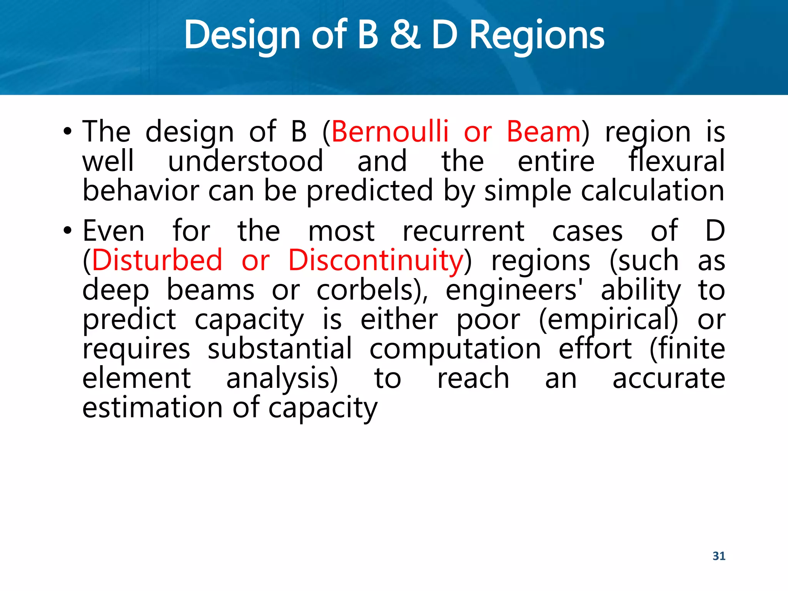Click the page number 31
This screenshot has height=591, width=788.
point(719,556)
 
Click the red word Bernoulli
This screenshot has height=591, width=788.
point(390,132)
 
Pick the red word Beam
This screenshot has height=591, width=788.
point(543,132)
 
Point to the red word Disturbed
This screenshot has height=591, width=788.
point(157,260)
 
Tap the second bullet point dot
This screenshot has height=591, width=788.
point(68,231)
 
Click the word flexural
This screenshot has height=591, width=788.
point(676,161)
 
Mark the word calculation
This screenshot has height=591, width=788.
point(653,191)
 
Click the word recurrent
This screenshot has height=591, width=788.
point(463,231)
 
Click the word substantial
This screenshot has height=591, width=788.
point(280,349)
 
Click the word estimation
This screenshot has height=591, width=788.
point(152,408)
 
